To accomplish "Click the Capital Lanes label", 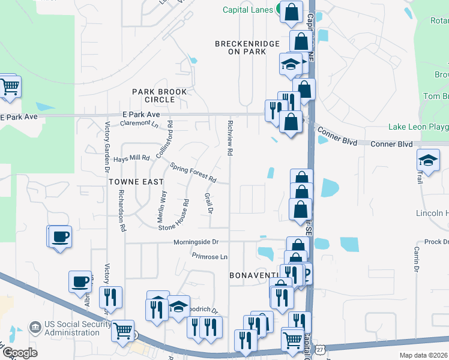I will pyautogui.click(x=248, y=10).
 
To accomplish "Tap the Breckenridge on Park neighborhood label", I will pyautogui.click(x=240, y=47).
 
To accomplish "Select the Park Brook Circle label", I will pyautogui.click(x=160, y=95).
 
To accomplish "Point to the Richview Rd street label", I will pyautogui.click(x=230, y=137).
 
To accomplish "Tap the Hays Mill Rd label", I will pyautogui.click(x=131, y=158).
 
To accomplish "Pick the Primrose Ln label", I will pyautogui.click(x=209, y=256).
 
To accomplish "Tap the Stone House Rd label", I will pyautogui.click(x=174, y=215).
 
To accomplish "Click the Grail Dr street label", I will pyautogui.click(x=209, y=202).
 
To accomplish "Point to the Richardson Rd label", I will pyautogui.click(x=122, y=211).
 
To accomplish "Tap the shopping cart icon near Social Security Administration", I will pyautogui.click(x=122, y=329).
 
